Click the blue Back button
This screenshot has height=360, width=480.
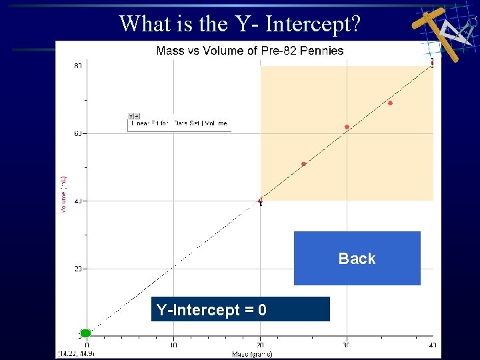pos(357,259)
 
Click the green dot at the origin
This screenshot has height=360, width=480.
pos(85,333)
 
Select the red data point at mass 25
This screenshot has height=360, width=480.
pos(303,164)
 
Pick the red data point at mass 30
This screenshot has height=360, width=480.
pos(347,127)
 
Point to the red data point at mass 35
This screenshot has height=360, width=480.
pos(390,103)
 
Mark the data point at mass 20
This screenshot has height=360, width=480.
pos(261,201)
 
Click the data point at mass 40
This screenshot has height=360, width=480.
pos(432,63)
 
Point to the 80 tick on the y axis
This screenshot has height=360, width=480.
pos(78,66)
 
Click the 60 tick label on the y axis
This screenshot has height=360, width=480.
pos(78,134)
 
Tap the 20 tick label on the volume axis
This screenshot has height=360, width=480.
pos(78,269)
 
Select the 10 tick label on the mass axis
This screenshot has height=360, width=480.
pos(173,345)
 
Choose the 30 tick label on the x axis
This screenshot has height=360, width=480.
pos(347,345)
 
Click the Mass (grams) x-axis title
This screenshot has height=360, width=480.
pos(252,353)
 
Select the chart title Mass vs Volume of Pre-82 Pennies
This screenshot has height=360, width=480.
pos(250,51)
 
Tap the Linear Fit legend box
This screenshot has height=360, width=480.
pos(179,123)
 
